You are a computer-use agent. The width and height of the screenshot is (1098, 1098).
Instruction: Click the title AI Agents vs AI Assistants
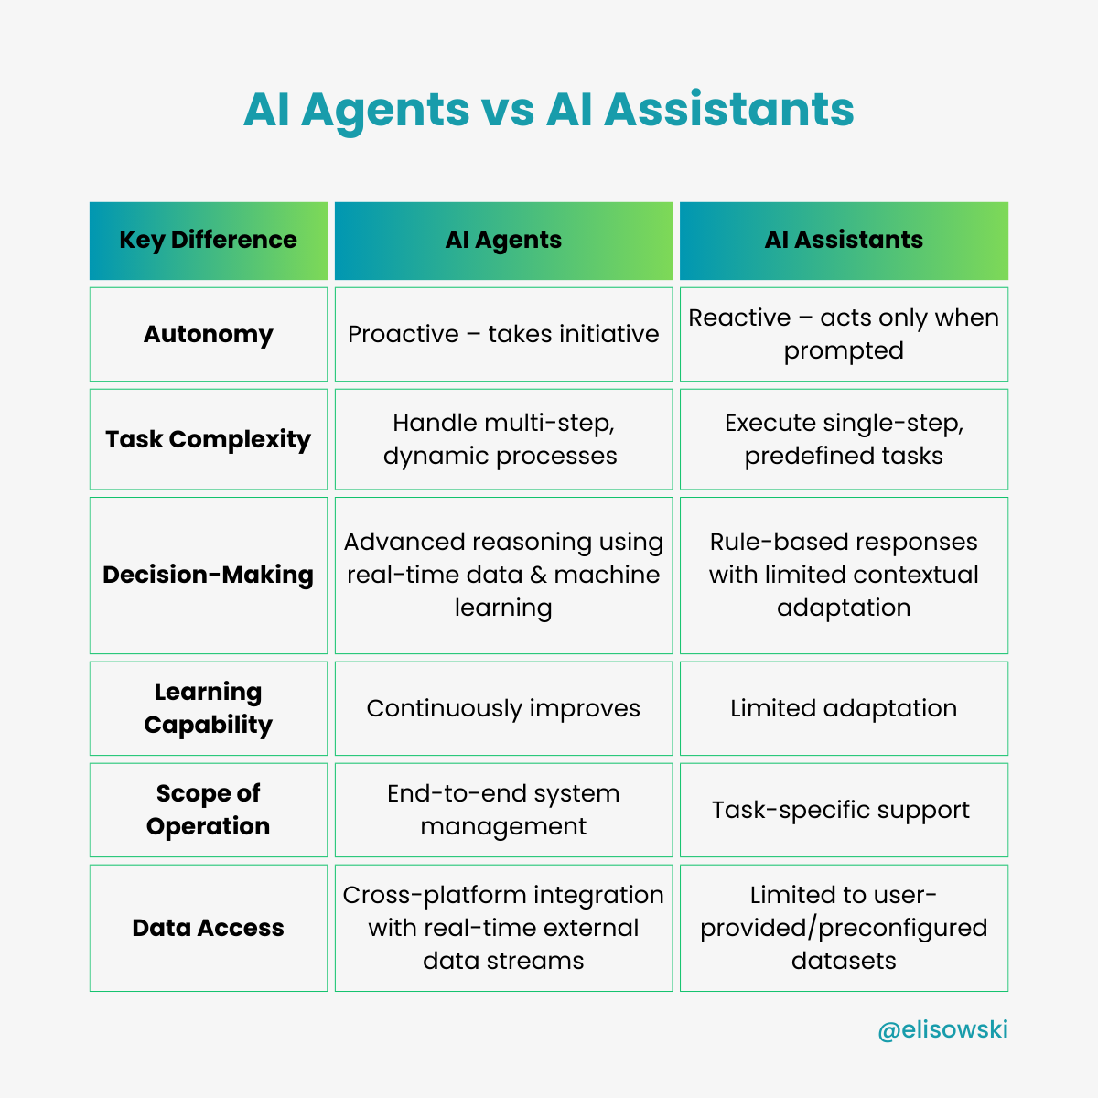click(549, 110)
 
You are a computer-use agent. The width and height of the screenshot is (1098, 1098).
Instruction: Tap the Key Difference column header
click(209, 240)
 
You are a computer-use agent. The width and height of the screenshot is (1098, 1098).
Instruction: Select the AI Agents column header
click(503, 240)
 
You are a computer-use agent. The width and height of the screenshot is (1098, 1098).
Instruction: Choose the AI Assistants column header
click(844, 240)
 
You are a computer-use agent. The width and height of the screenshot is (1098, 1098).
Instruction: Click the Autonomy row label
click(209, 334)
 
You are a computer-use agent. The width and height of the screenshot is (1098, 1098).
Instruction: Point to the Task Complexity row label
click(209, 439)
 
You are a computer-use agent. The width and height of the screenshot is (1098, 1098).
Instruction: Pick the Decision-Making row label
click(209, 575)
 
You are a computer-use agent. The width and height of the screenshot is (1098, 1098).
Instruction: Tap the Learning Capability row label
click(209, 708)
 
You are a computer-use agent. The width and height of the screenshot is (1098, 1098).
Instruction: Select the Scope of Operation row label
click(209, 810)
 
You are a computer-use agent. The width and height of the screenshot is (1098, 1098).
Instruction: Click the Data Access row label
click(209, 928)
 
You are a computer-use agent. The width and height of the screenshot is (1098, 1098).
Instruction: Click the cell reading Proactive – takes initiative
click(503, 334)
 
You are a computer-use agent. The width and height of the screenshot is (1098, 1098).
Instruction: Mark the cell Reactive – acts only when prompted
click(844, 334)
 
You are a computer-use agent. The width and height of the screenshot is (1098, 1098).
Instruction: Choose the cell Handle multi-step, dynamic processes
click(503, 439)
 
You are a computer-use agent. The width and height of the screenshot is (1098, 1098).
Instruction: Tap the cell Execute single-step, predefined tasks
click(844, 439)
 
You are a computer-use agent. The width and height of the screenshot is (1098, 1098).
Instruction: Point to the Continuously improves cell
click(503, 708)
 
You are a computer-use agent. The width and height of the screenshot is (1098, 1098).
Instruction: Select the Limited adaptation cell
click(844, 708)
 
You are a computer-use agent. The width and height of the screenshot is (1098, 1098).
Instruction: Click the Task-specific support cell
click(841, 810)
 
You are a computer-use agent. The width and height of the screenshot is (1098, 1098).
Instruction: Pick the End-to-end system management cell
click(503, 810)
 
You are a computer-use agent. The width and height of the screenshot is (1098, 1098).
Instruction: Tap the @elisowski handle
click(942, 1029)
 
